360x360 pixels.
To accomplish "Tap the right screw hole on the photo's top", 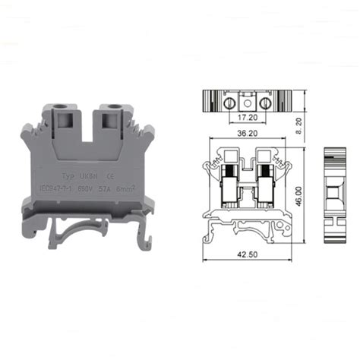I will click(x=116, y=108).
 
